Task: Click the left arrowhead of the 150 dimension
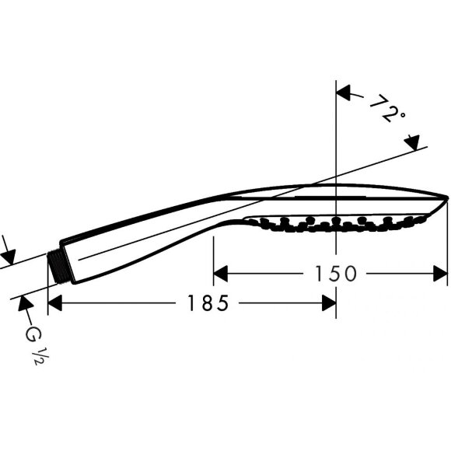(220, 273)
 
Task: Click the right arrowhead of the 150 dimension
(441, 273)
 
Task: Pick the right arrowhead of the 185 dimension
(329, 303)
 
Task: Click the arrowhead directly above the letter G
(22, 302)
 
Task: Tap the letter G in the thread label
(32, 334)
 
